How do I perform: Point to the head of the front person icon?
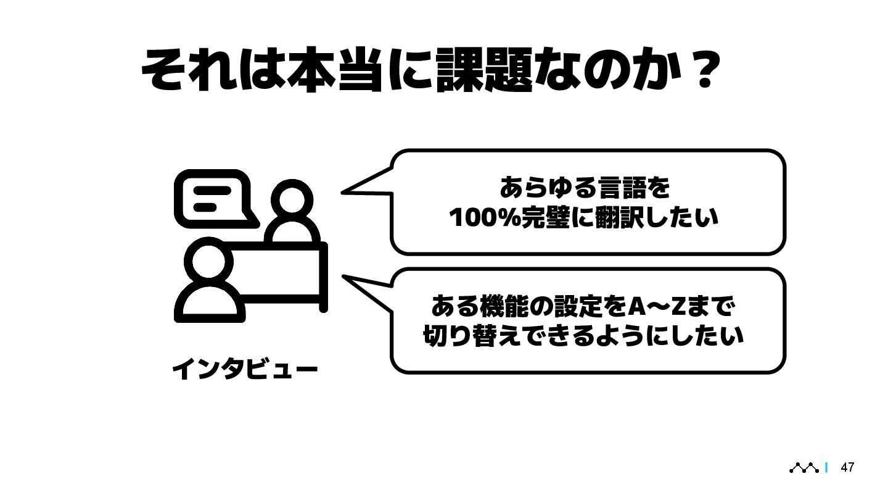tap(208, 260)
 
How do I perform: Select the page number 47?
tap(848, 467)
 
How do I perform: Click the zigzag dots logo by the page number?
tap(805, 468)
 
